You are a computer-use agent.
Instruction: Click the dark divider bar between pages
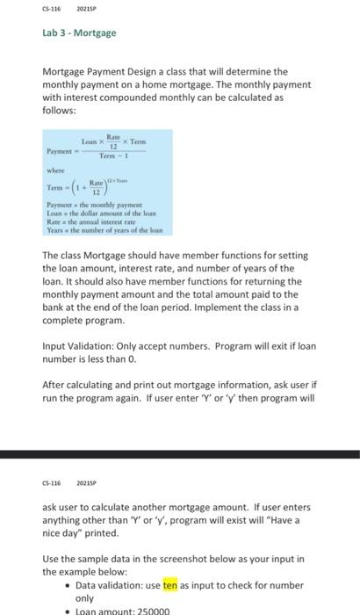pos(180,454)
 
